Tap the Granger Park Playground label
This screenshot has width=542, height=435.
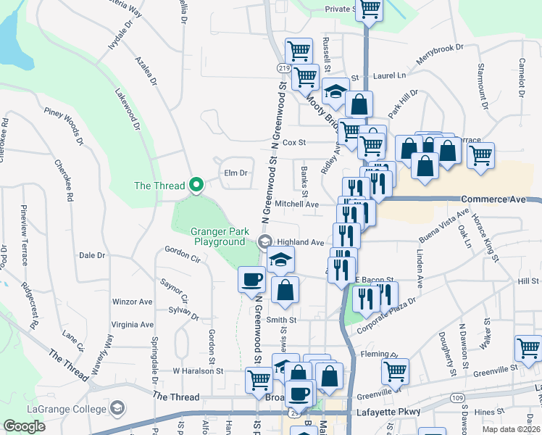pyautogui.click(x=219, y=236)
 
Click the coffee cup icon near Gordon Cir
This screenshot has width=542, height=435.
pyautogui.click(x=252, y=279)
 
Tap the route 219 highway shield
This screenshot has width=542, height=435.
pyautogui.click(x=283, y=67)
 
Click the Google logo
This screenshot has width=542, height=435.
pyautogui.click(x=25, y=426)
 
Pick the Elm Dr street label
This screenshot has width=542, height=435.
pyautogui.click(x=236, y=173)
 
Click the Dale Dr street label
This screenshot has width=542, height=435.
pyautogui.click(x=92, y=255)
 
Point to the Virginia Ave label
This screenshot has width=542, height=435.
pyautogui.click(x=132, y=325)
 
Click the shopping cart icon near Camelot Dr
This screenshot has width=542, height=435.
pyautogui.click(x=481, y=155)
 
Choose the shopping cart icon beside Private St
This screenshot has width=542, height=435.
pyautogui.click(x=370, y=9)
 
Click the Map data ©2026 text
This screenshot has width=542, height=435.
pyautogui.click(x=514, y=429)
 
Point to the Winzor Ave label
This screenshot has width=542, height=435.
pyautogui.click(x=132, y=302)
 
